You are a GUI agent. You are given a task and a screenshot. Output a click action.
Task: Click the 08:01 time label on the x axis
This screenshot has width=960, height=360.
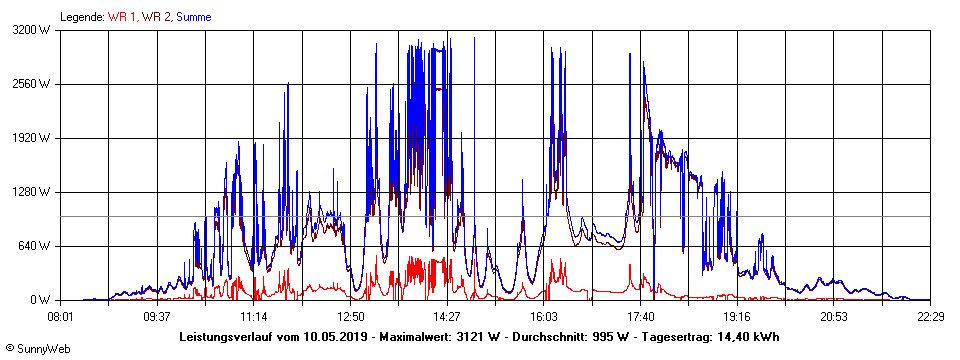pyautogui.click(x=61, y=316)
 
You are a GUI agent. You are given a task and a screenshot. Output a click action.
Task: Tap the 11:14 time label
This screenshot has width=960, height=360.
pyautogui.click(x=253, y=316)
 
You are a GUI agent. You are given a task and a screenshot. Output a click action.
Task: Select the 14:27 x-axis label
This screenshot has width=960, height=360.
pyautogui.click(x=446, y=316)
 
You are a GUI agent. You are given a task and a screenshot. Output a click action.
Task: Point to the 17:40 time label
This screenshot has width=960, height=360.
pyautogui.click(x=640, y=316)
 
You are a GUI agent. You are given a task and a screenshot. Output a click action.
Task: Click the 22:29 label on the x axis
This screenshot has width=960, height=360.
pyautogui.click(x=930, y=316)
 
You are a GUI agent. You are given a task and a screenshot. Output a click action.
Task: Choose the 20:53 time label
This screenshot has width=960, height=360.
pyautogui.click(x=833, y=316)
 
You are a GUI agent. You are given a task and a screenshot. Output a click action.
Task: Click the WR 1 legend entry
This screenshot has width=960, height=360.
pyautogui.click(x=122, y=17)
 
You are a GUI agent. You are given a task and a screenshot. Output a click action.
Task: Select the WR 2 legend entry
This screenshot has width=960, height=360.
pyautogui.click(x=157, y=17)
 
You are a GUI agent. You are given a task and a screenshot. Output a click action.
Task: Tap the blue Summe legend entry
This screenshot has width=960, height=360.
pyautogui.click(x=194, y=17)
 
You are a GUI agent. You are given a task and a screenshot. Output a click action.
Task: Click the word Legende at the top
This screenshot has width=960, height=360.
pyautogui.click(x=81, y=17)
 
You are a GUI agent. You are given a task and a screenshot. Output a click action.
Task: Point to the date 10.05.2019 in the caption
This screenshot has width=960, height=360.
pyautogui.click(x=339, y=337)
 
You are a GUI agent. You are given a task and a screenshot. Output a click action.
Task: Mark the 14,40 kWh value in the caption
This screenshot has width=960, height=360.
pyautogui.click(x=747, y=337)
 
